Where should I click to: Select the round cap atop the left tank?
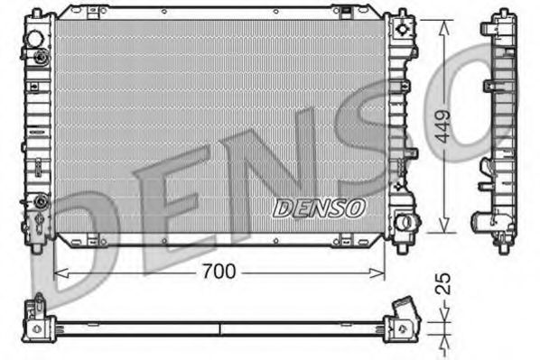(34, 40)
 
